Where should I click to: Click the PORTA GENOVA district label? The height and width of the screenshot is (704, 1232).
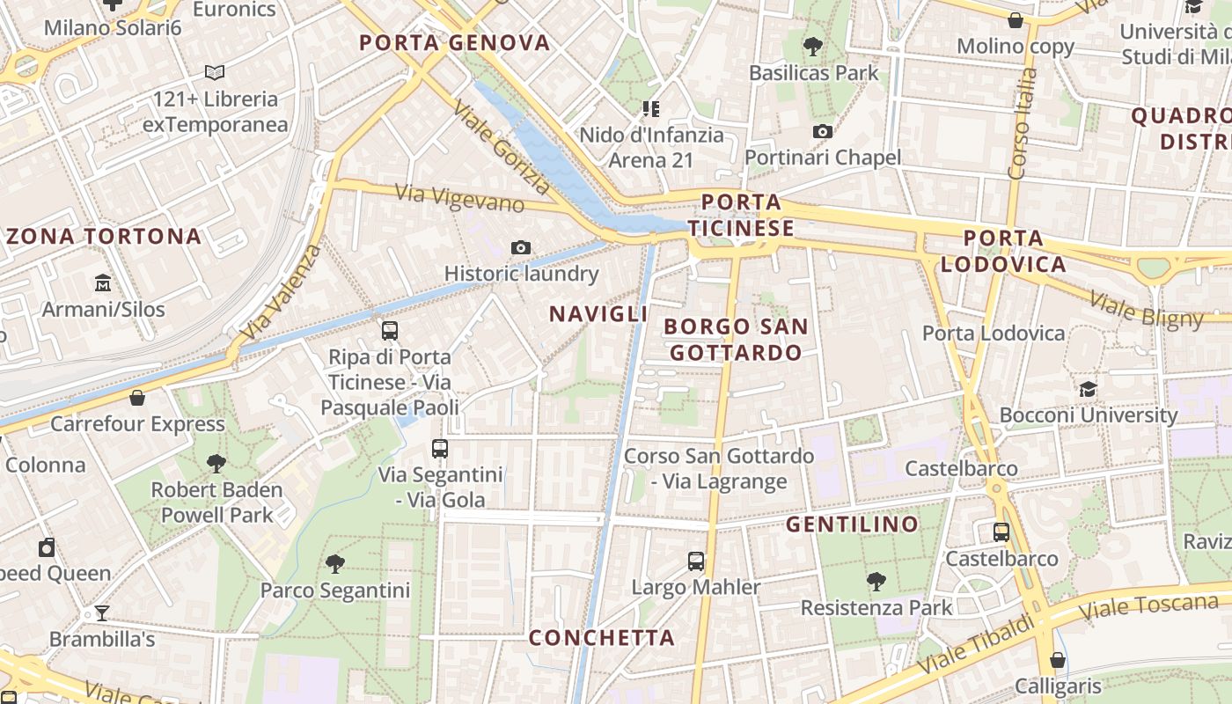tap(454, 42)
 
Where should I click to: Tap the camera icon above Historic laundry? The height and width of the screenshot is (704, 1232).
tap(521, 248)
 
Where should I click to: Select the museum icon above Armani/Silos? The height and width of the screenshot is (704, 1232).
tap(103, 283)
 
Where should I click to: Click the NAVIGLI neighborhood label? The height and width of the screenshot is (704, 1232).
tap(598, 314)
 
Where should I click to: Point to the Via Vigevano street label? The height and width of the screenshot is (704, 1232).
tap(459, 198)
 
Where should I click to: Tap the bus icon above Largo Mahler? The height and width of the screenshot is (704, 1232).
tap(696, 561)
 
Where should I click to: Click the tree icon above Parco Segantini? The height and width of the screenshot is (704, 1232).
tap(334, 563)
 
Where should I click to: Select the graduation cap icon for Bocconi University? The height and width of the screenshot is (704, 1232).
tap(1089, 389)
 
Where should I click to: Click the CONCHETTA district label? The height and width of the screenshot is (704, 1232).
tap(602, 637)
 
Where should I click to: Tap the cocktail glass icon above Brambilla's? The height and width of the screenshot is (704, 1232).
tap(102, 612)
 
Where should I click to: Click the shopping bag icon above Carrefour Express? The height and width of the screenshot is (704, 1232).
tap(137, 398)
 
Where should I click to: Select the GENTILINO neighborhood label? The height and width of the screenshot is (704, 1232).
tap(852, 524)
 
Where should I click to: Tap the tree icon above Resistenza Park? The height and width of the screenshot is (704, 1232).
tap(876, 581)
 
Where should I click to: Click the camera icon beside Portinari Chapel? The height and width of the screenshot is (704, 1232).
tap(823, 132)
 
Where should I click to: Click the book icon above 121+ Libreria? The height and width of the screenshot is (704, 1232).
tap(215, 72)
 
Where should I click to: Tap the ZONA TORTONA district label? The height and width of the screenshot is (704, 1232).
tap(104, 236)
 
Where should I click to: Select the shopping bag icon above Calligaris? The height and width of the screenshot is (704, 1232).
tap(1058, 660)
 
